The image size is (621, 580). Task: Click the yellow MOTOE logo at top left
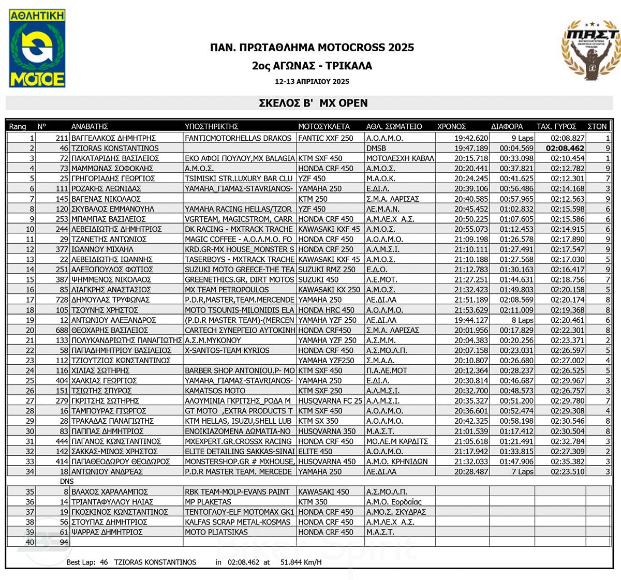coord(37,48)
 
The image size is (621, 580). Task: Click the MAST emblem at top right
coord(590,50)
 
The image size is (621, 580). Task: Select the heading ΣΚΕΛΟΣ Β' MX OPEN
coord(313,103)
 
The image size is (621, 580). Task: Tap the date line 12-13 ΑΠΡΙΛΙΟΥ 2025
coord(312,81)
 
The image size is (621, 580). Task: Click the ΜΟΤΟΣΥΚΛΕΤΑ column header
coord(323,126)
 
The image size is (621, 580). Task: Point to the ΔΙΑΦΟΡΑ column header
coord(507,126)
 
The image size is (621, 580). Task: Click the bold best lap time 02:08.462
coord(565,148)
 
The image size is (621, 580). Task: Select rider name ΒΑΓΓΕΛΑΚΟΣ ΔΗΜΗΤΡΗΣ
coord(113,138)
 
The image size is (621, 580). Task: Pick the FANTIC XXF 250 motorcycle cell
coord(326,138)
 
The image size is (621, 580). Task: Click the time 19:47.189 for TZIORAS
coord(471,148)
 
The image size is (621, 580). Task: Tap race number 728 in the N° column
coord(62,300)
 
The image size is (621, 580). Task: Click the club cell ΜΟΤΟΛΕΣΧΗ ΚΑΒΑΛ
coord(400,158)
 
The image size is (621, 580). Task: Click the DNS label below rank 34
coord(67,482)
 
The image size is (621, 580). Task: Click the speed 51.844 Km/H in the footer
coord(301,562)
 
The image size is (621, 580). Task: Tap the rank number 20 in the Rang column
coord(30,330)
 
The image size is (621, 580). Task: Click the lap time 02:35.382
coord(567,462)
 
